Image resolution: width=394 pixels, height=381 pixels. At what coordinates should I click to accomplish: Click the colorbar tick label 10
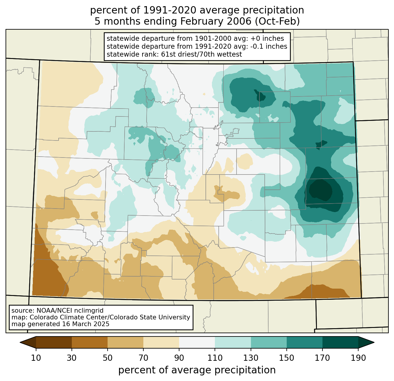pyautogui.click(x=36, y=358)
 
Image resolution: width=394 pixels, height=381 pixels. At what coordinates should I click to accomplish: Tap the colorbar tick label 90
pyautogui.click(x=179, y=358)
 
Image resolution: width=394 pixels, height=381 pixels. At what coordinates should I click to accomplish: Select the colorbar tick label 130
pyautogui.click(x=251, y=358)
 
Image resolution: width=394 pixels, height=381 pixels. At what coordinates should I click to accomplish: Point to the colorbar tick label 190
pyautogui.click(x=358, y=358)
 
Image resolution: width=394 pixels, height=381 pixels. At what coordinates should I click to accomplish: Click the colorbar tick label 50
pyautogui.click(x=108, y=358)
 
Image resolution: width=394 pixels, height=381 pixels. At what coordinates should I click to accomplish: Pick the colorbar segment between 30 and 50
pyautogui.click(x=89, y=343)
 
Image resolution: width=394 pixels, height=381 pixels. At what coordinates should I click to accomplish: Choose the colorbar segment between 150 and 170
pyautogui.click(x=305, y=343)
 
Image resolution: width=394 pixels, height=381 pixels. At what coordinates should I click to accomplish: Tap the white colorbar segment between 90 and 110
pyautogui.click(x=197, y=343)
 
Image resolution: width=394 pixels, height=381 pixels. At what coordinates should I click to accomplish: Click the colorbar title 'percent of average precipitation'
pyautogui.click(x=197, y=370)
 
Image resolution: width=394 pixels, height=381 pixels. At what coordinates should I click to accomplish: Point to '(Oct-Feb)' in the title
pyautogui.click(x=277, y=21)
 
